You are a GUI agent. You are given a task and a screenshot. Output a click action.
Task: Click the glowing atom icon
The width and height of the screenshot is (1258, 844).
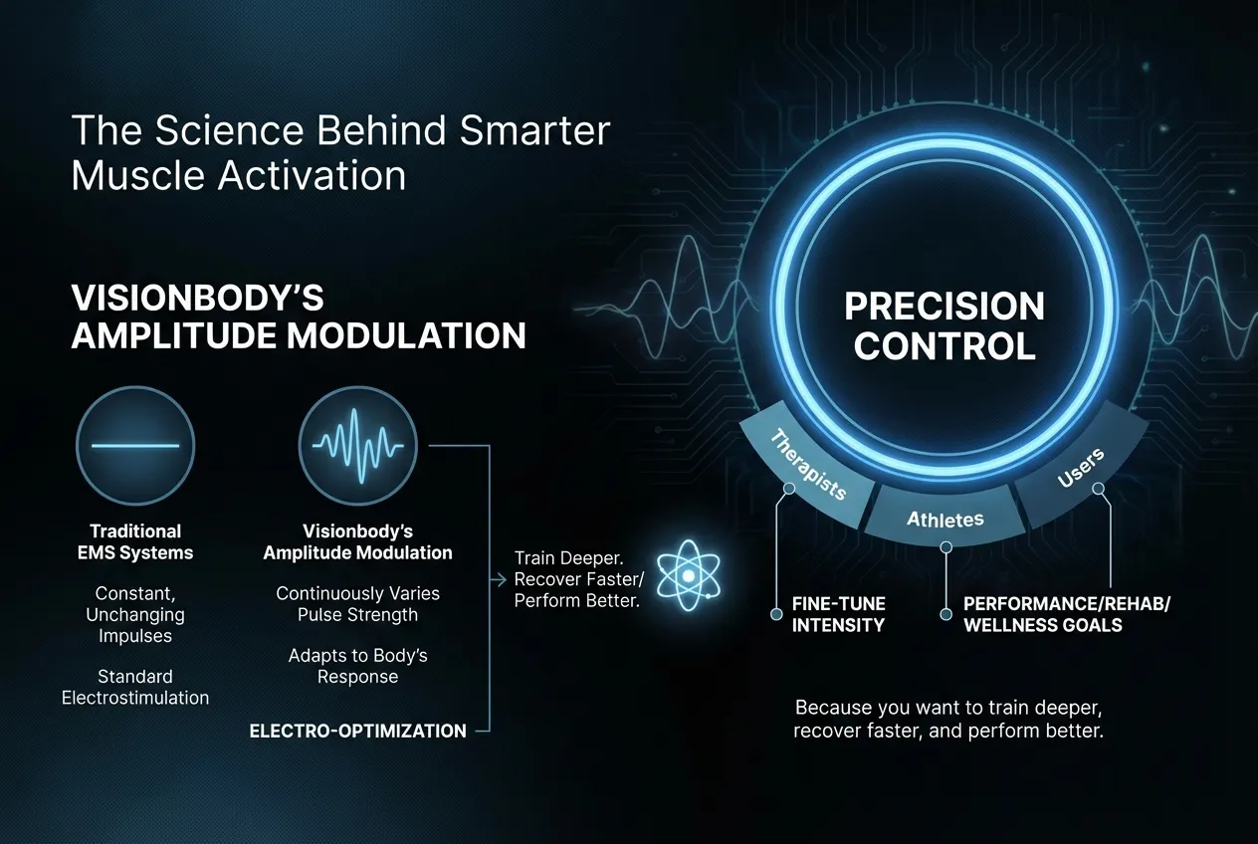click(687, 574)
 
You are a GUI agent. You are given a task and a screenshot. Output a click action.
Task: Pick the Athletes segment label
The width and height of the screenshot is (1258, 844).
click(945, 519)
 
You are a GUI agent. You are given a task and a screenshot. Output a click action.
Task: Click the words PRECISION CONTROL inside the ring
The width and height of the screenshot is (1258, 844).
click(944, 325)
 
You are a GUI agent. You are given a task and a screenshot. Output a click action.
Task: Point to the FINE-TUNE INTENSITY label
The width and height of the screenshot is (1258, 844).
click(838, 614)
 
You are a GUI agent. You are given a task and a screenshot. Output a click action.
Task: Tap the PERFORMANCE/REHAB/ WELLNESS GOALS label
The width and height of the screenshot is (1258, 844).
click(1043, 614)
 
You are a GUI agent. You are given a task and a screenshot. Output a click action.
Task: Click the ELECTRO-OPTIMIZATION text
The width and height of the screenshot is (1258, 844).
click(357, 731)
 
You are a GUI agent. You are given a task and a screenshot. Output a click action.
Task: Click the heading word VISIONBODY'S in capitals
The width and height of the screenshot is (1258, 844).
click(198, 300)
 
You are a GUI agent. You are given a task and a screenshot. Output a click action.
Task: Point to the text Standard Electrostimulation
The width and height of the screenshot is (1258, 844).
click(135, 687)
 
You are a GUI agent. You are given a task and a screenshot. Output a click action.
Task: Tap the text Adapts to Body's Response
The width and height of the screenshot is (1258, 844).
click(357, 666)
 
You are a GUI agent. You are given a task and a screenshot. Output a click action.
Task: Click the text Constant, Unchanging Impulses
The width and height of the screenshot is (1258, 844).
click(135, 614)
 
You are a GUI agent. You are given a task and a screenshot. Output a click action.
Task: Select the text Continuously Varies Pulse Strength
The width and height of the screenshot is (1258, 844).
click(357, 603)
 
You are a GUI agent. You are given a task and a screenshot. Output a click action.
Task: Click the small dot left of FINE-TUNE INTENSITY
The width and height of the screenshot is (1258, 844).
click(777, 614)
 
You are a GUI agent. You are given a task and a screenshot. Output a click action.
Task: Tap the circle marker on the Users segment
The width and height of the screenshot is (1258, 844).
click(1098, 489)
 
